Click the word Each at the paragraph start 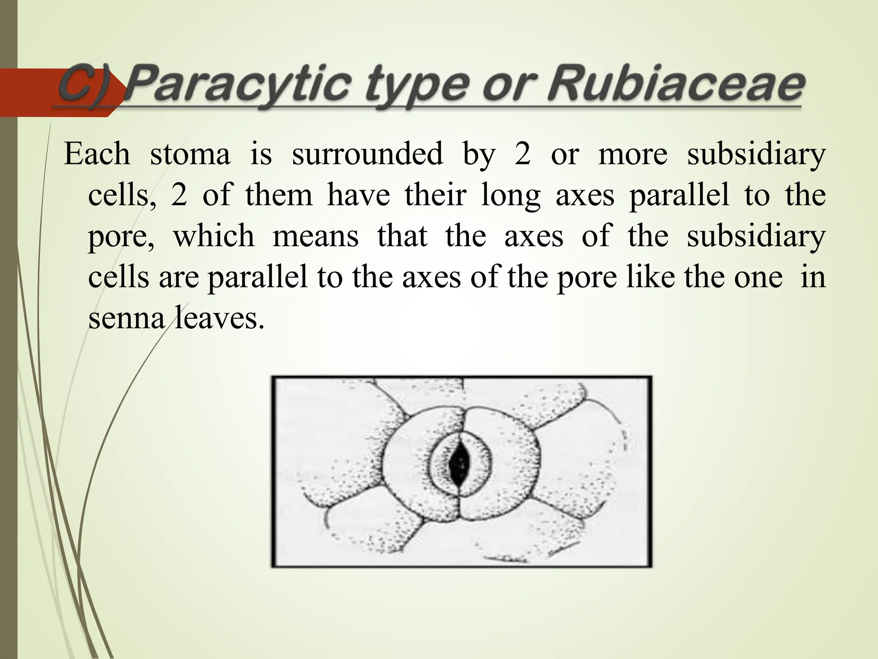[x=97, y=154]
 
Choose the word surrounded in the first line [x=367, y=154]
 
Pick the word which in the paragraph [x=213, y=236]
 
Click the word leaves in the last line [x=219, y=318]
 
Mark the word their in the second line [x=435, y=195]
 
